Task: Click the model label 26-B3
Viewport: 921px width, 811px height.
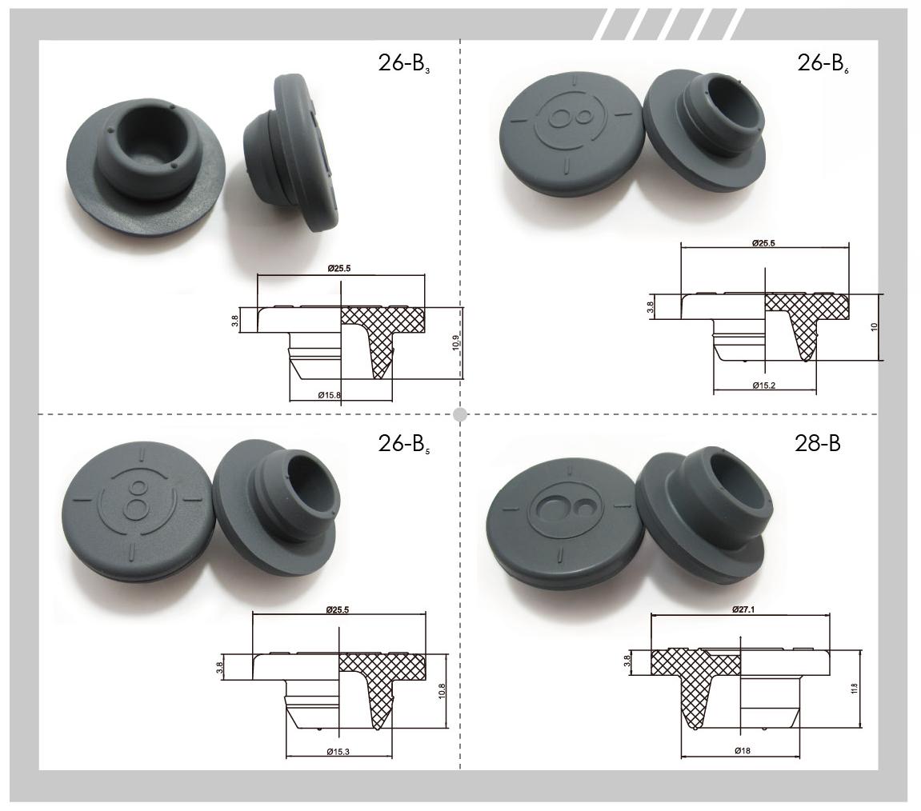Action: point(404,63)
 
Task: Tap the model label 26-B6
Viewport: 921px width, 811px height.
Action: point(823,63)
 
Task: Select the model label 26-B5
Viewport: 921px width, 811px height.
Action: point(404,444)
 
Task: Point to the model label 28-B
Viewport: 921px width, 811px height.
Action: point(817,443)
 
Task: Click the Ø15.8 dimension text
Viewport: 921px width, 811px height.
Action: point(329,395)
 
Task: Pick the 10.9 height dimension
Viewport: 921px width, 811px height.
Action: point(456,342)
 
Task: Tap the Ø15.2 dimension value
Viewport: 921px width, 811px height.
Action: point(763,386)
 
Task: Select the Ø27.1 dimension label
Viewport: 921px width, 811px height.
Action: point(743,609)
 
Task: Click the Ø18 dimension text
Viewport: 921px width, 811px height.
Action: point(742,750)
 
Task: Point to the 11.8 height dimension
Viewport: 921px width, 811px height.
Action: point(854,689)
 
